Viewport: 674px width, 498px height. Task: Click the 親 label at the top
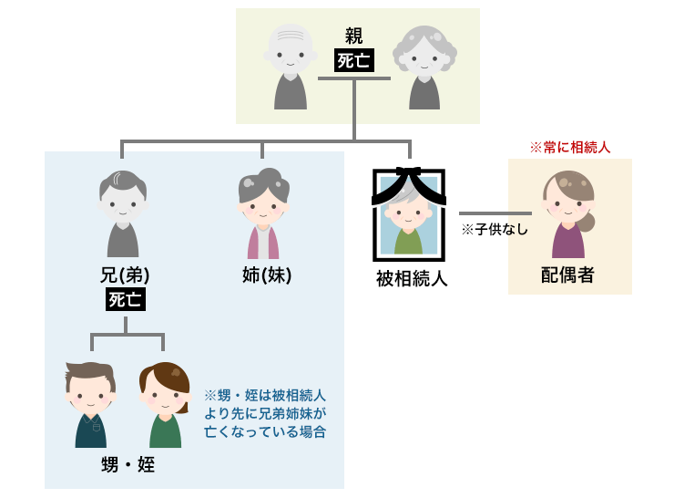[354, 36]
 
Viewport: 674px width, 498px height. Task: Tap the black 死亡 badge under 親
[353, 60]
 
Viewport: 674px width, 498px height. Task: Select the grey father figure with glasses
[291, 68]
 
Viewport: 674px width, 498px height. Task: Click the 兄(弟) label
[125, 275]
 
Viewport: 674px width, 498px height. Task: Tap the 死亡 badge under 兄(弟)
[125, 299]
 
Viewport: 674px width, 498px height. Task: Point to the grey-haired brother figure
[124, 214]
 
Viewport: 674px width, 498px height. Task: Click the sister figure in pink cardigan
[263, 214]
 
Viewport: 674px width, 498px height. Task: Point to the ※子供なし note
[495, 230]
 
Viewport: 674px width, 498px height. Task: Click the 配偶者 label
[567, 275]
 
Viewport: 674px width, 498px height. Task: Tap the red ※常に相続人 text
[569, 146]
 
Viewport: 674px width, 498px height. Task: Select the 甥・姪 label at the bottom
[127, 465]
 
